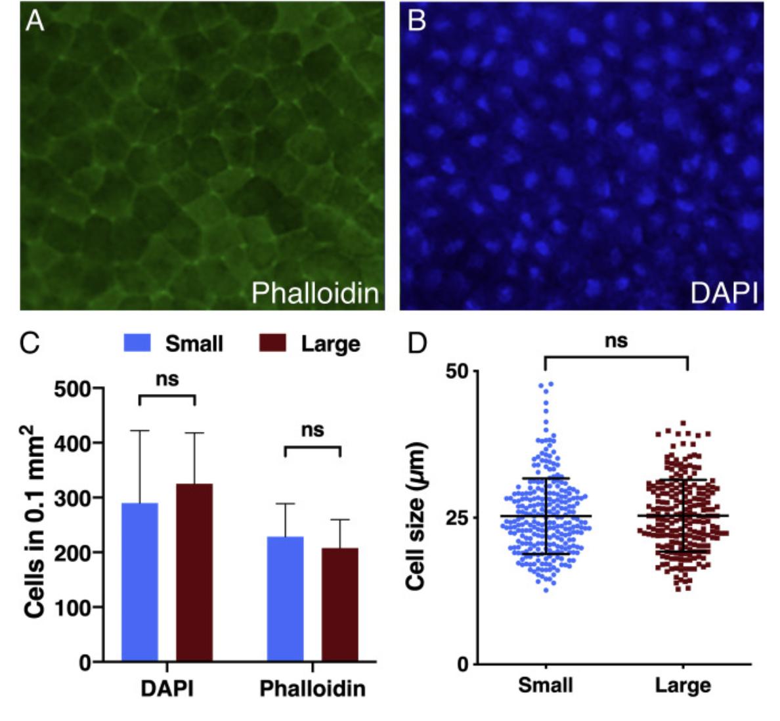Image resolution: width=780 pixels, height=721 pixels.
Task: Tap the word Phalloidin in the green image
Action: (315, 293)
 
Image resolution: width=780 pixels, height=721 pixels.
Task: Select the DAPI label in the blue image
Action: (724, 293)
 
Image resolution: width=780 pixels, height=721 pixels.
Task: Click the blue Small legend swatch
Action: (137, 343)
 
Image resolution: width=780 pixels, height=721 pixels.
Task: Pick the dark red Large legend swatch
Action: (272, 343)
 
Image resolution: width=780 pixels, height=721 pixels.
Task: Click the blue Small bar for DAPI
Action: (140, 582)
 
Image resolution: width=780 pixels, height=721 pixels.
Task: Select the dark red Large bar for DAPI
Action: (194, 572)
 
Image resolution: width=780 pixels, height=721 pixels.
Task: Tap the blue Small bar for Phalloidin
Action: (286, 598)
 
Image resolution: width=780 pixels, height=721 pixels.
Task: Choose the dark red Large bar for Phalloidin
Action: (340, 604)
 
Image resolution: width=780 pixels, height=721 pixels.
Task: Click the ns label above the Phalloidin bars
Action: (313, 430)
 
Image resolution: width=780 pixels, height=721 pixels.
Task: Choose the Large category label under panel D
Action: (683, 686)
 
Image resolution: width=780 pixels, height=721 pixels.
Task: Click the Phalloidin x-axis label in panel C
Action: (313, 689)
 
